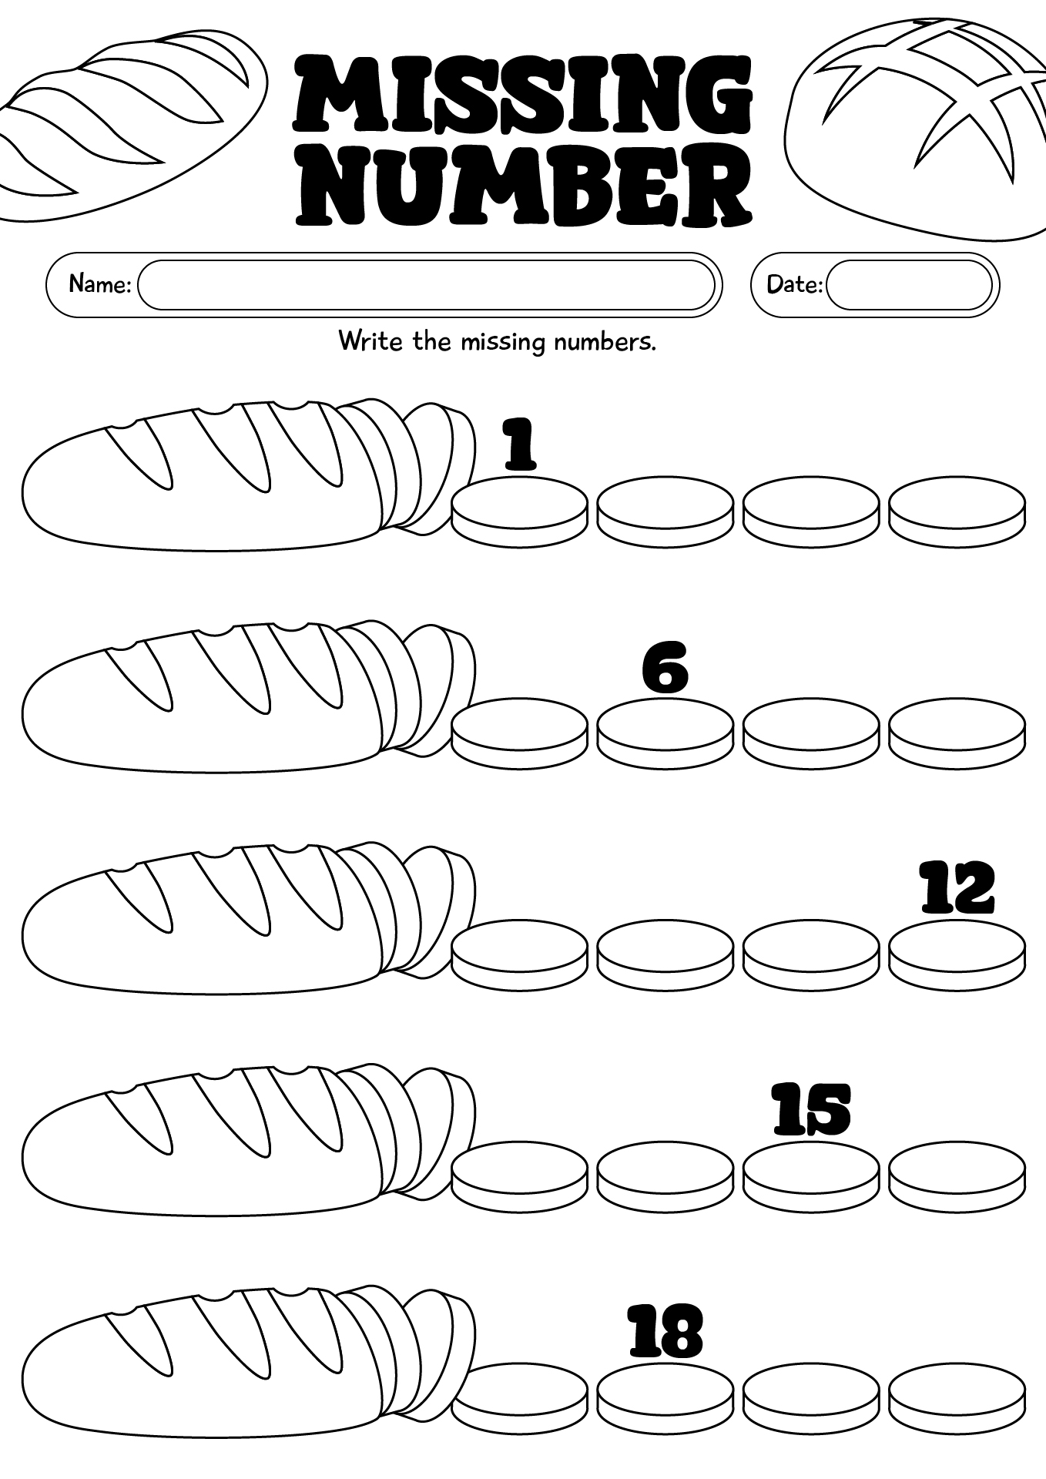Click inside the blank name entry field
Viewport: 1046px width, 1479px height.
point(426,285)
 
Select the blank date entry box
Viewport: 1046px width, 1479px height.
point(909,285)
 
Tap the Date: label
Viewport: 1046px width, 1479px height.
point(793,284)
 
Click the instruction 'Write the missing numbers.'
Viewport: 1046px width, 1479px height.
point(497,341)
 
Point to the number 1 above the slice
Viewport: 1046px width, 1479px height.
point(520,444)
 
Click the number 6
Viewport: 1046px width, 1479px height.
point(665,669)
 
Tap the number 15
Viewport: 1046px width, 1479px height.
point(811,1110)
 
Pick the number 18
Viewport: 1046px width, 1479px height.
point(665,1332)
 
